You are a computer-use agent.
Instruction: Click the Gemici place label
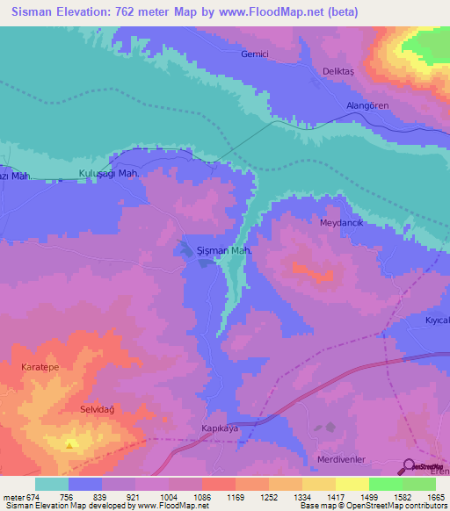pyautogui.click(x=255, y=54)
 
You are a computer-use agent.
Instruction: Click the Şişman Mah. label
pyautogui.click(x=225, y=250)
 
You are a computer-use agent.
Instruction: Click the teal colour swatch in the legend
pyautogui.click(x=52, y=484)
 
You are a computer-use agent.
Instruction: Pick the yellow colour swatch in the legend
pyautogui.click(x=352, y=484)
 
